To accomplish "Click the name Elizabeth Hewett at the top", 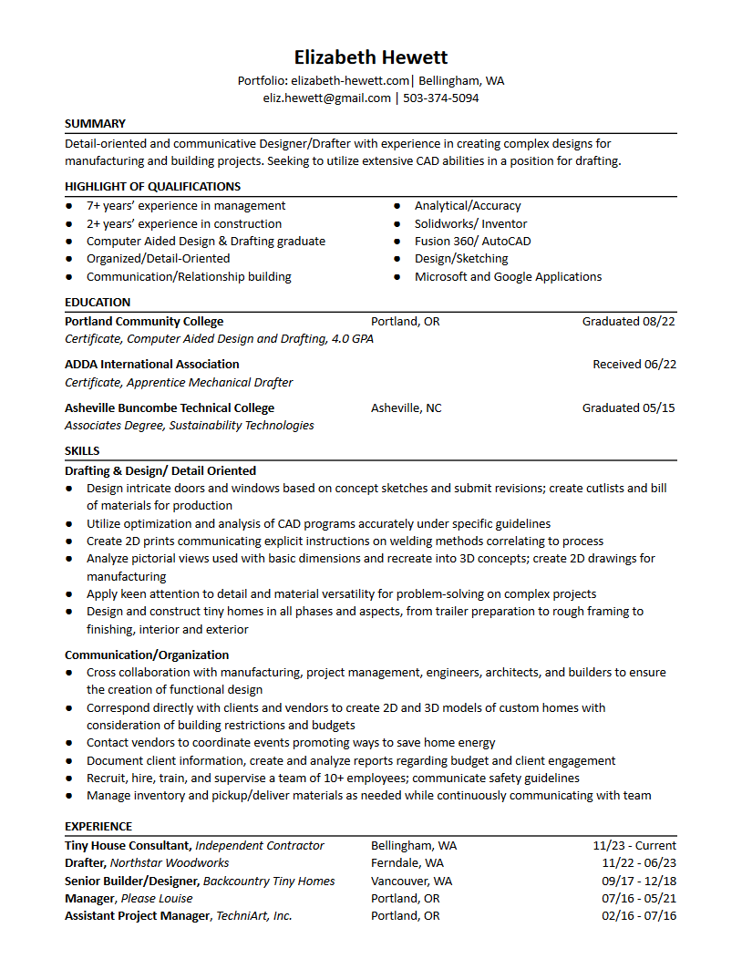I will (x=371, y=57).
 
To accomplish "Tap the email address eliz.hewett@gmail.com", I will (x=327, y=98).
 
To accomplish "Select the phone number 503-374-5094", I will (x=441, y=98).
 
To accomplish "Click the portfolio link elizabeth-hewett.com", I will (x=351, y=80).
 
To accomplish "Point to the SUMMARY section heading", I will (x=95, y=123).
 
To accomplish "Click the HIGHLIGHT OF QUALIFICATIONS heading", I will (x=152, y=187).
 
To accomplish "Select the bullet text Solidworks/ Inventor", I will (x=470, y=223).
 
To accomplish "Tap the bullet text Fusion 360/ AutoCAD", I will (x=472, y=242).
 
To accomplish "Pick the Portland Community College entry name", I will (x=144, y=321).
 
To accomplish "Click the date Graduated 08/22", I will (x=629, y=321).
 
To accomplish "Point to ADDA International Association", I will (x=152, y=364).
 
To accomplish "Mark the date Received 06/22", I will (x=634, y=364).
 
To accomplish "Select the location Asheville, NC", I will (x=406, y=407).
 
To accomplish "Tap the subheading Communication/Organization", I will (x=147, y=655).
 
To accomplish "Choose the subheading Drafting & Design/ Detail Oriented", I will (x=160, y=471).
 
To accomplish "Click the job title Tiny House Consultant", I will (x=128, y=845).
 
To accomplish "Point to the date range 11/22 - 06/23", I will (x=639, y=862).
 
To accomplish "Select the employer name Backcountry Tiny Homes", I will (x=269, y=881).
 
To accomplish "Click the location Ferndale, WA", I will (x=407, y=862).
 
